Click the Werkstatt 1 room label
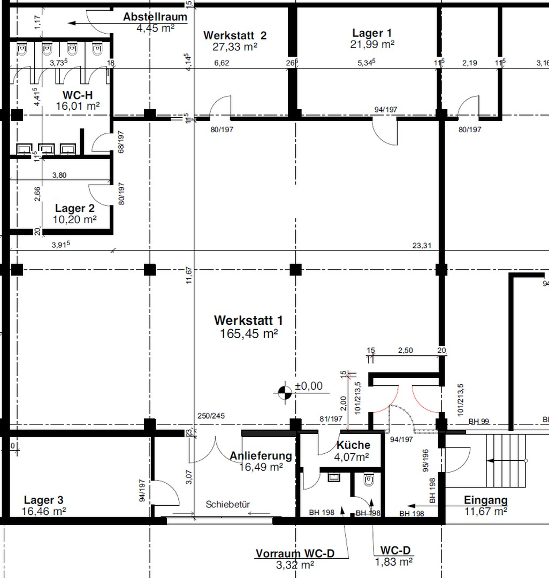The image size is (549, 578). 248,320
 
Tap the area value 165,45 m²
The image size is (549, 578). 249,334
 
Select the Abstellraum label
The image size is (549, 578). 155,17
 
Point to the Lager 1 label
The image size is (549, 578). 372,33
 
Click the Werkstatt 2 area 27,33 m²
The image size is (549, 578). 235,47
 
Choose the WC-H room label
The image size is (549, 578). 78,95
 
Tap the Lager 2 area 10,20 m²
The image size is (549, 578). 74,220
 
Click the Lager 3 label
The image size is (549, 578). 43,500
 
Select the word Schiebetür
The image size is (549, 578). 228,504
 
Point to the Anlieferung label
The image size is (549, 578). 261,456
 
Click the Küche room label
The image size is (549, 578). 353,445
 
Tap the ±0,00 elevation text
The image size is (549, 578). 309,386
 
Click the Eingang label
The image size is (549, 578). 486,500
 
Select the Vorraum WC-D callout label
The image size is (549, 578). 295,553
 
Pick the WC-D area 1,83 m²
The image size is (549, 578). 393,562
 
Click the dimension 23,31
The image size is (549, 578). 422,246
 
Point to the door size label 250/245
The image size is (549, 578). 211,416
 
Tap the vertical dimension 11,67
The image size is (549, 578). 189,276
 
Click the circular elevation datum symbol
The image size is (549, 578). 285,393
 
